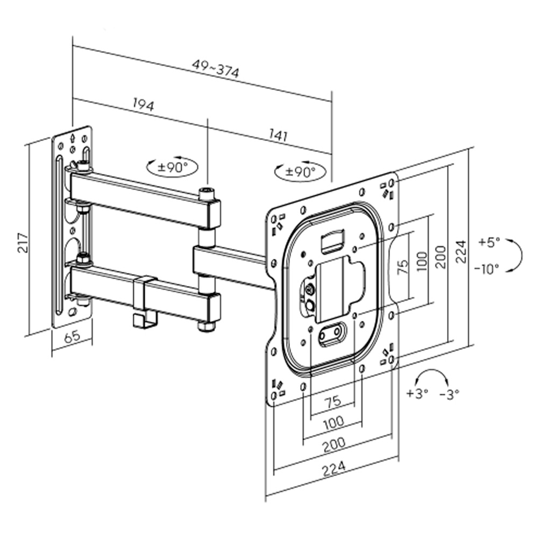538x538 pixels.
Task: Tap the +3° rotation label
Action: [x=417, y=393]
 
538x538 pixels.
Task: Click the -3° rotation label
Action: [x=449, y=393]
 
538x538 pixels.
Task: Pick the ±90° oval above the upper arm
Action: [x=173, y=167]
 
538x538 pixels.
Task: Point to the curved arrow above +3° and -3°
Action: [x=433, y=376]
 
